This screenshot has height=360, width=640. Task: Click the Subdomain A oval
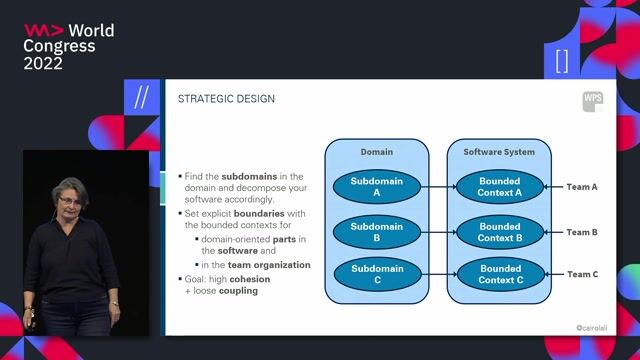coord(377,186)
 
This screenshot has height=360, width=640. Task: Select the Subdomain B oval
coord(377,232)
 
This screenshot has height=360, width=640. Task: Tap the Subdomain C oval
coord(377,274)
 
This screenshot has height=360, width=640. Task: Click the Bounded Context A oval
coord(500,186)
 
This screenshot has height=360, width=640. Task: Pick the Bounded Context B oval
coord(500,232)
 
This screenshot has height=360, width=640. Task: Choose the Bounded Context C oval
coord(500,274)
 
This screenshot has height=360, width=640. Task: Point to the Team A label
coord(582,187)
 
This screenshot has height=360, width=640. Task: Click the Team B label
coord(582,232)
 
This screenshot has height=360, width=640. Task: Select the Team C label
coord(582,274)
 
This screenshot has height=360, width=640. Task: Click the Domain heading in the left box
coord(376,152)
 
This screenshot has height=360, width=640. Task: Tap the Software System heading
coord(499,152)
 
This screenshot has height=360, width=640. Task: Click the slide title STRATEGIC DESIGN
coord(226,98)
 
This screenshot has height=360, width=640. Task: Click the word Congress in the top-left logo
coord(60,46)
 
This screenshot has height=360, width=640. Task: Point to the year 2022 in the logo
coord(43,63)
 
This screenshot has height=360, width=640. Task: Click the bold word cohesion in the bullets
coord(250,279)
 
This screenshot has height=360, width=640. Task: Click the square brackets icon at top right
coord(561,60)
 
